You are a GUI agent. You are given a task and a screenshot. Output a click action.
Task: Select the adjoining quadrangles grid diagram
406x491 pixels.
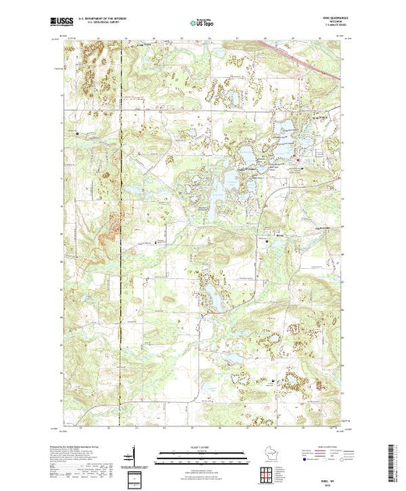268,474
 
